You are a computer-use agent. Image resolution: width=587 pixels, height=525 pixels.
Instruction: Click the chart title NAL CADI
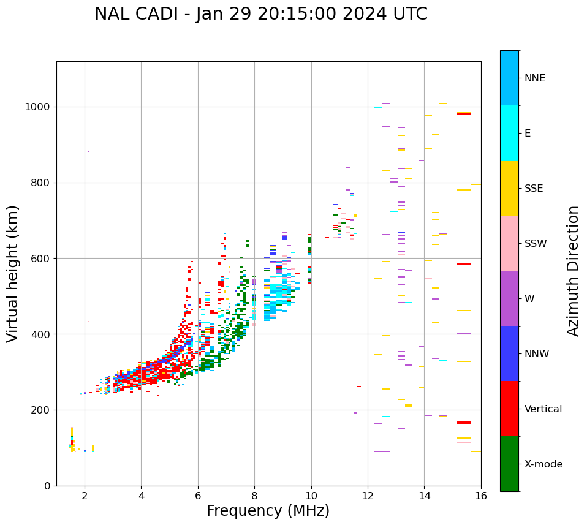[260, 14]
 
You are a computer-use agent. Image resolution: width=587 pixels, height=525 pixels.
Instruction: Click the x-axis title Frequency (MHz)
[268, 511]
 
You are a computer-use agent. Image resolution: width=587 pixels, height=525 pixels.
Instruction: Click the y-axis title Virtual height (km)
[13, 274]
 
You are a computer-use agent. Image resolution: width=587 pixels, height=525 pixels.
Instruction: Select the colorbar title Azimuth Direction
[573, 271]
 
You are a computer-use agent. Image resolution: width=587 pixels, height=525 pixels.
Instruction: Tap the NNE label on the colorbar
[534, 78]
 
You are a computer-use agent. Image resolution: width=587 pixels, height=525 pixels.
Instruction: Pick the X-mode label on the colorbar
[543, 464]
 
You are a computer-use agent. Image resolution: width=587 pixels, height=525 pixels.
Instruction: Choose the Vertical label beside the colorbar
[543, 409]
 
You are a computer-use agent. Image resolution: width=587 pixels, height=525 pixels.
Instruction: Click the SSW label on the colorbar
[536, 244]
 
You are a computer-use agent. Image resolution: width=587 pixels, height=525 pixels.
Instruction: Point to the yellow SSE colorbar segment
[509, 188]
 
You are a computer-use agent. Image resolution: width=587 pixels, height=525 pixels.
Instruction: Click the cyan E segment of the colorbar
[509, 133]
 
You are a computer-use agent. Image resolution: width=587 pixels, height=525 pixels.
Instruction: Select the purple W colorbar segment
[509, 298]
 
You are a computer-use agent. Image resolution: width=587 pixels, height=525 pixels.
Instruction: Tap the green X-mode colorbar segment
[509, 464]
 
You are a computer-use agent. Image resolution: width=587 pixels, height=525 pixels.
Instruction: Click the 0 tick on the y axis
[48, 486]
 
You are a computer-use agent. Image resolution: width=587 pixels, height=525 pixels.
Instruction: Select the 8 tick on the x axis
[254, 496]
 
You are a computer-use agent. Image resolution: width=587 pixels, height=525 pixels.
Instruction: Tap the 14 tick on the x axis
[424, 496]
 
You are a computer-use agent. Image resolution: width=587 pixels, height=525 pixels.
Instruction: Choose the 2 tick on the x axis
[85, 496]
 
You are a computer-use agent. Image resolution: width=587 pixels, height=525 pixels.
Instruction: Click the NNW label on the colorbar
[537, 354]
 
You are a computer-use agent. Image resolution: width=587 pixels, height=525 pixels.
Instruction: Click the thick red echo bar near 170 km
[463, 423]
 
